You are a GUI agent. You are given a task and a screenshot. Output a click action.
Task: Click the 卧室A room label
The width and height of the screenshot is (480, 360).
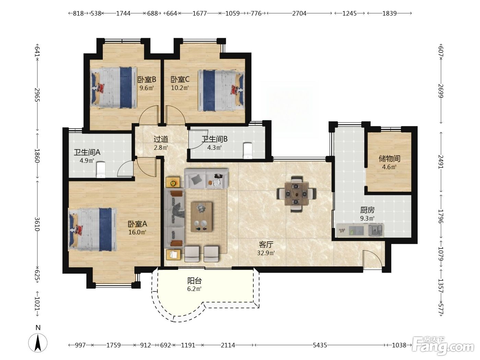(137, 224)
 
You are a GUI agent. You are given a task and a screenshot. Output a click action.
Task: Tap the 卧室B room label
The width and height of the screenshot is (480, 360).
(147, 79)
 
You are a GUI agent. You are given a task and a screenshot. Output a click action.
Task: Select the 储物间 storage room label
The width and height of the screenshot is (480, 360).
(389, 158)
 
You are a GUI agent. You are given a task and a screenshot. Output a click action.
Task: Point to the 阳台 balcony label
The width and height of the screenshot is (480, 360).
(194, 281)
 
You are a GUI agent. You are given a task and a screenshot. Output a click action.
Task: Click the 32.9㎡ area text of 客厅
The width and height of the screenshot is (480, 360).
(266, 253)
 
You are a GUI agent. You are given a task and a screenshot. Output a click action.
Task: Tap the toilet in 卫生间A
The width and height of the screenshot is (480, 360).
(101, 169)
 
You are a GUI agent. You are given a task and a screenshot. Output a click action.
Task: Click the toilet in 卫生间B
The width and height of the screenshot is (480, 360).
(248, 151)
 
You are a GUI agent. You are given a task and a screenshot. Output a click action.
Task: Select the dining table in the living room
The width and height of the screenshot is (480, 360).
(296, 194)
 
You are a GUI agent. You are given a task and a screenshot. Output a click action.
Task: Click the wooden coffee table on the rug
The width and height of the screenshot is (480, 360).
(201, 217)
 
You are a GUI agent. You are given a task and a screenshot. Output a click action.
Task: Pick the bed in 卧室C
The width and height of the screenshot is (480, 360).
(221, 90)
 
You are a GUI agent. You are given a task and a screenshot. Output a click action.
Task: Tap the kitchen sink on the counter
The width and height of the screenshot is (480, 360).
(376, 230)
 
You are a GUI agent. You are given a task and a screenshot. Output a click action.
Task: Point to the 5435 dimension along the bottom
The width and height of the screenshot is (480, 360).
(320, 345)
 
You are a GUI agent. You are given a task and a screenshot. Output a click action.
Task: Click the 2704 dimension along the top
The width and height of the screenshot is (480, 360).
(299, 14)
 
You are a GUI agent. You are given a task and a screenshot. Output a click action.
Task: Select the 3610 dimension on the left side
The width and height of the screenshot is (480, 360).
(37, 224)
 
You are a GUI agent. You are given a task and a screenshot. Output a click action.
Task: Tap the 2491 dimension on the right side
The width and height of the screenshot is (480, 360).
(441, 161)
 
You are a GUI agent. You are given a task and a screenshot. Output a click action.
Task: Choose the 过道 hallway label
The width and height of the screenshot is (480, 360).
(161, 139)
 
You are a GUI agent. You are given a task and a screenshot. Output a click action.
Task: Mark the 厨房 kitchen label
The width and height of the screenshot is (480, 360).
(368, 210)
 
